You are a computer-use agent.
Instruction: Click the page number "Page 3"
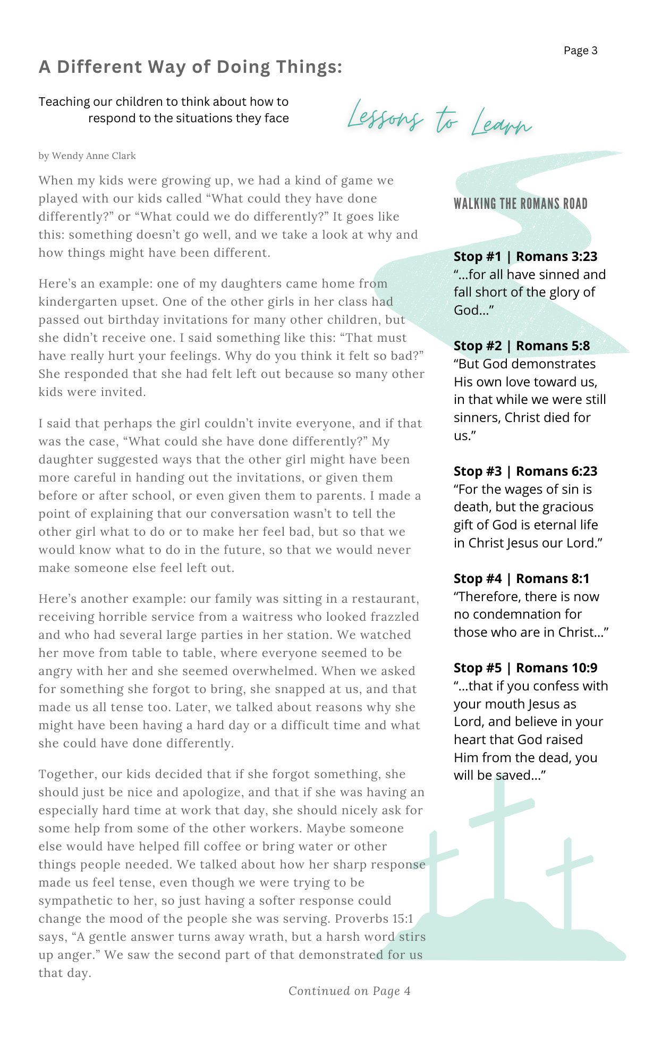(580, 50)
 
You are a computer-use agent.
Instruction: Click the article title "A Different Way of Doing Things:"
(190, 67)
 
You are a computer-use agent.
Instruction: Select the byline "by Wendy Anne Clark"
(87, 156)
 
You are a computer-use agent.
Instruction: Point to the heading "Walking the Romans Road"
(520, 204)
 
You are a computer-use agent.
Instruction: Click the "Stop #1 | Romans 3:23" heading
(525, 257)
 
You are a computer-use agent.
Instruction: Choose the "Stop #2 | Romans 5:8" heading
(521, 346)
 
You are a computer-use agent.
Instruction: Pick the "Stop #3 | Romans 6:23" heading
(525, 471)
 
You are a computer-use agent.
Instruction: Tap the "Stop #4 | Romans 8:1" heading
(521, 579)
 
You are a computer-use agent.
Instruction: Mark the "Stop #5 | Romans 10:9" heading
(525, 668)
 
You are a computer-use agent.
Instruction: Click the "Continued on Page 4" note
(349, 991)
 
